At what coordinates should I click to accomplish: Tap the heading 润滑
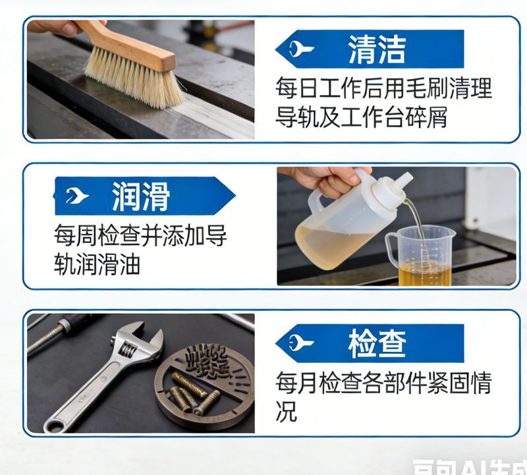(x=140, y=196)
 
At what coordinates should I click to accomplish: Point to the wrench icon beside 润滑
(x=77, y=196)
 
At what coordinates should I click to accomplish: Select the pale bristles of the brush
(x=135, y=79)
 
